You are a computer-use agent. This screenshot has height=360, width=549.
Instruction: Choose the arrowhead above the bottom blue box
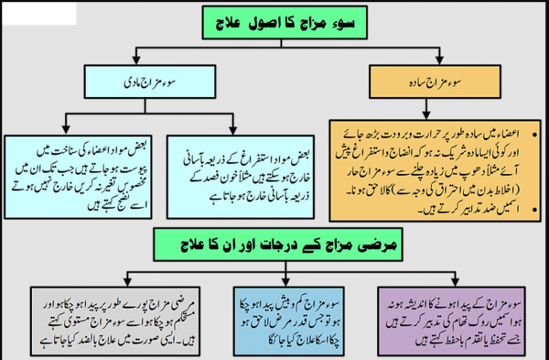click(x=275, y=284)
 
